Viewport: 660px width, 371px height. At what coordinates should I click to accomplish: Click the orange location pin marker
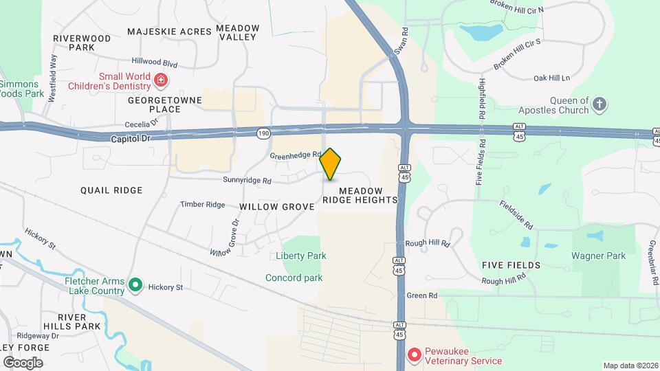click(330, 164)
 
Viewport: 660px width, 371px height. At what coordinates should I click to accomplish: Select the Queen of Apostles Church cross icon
click(600, 104)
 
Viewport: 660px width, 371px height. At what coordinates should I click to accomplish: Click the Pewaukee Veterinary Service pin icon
click(415, 355)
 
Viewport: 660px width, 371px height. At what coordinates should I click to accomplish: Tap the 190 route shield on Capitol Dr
click(263, 132)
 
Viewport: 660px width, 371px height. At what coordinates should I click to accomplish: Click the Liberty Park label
click(300, 256)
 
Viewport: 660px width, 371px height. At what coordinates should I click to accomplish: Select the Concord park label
click(294, 278)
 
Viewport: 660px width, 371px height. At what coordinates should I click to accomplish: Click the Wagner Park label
click(598, 256)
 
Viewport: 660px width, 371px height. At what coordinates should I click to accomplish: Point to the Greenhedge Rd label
click(296, 155)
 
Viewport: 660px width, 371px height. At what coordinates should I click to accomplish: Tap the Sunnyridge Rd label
click(247, 181)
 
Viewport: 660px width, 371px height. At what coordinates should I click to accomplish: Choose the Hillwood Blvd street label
click(155, 63)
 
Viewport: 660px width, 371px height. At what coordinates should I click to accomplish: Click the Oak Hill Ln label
click(552, 78)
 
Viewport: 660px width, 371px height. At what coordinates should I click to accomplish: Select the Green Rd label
click(422, 295)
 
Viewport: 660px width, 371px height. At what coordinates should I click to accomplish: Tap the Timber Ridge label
click(202, 205)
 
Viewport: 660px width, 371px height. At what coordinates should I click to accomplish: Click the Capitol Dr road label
click(129, 138)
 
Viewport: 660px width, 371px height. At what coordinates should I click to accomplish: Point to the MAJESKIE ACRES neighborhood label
click(168, 32)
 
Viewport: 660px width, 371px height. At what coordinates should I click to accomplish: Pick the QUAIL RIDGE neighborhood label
click(111, 190)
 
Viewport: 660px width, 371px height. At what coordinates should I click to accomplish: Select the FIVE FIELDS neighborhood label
click(511, 265)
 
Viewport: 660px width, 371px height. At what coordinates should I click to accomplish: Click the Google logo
click(23, 362)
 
